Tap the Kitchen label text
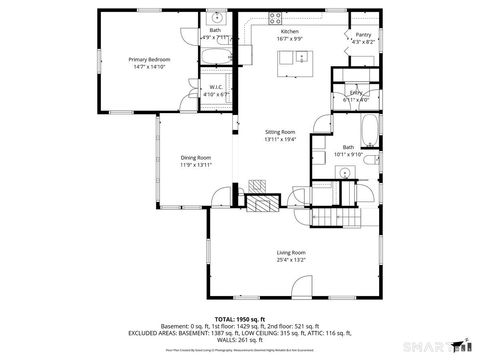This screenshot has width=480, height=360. point(290,32)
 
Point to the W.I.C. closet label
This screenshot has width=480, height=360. point(216,88)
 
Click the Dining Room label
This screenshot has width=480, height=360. point(196,157)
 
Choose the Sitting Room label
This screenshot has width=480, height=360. point(280,132)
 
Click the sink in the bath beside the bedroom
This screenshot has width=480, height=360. point(216,19)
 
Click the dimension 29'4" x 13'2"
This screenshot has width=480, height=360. point(291,260)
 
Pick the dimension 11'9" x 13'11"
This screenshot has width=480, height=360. point(196,164)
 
